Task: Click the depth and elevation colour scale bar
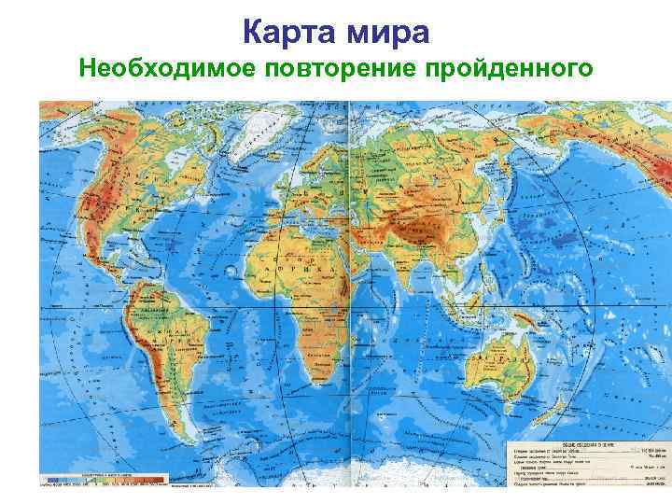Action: point(103,482)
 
